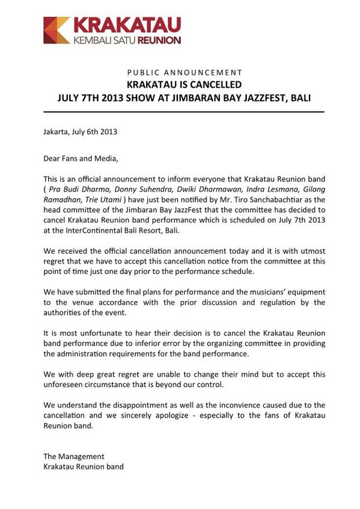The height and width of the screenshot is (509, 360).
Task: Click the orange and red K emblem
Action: tap(56, 30)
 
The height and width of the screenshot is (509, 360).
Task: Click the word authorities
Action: tap(64, 313)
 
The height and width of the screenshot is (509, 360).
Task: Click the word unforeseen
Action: tap(64, 385)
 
